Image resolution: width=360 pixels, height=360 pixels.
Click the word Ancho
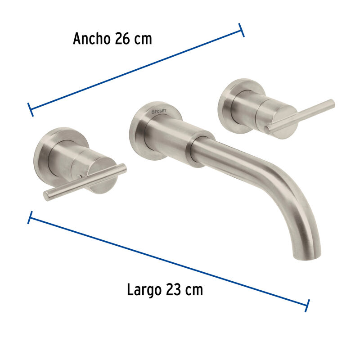click(x=92, y=39)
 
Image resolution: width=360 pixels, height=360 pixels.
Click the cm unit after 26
click(x=143, y=40)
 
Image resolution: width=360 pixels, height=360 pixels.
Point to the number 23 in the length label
click(x=174, y=290)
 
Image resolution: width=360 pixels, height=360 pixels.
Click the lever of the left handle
click(x=85, y=182)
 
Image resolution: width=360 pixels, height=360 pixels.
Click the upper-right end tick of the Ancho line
click(x=242, y=30)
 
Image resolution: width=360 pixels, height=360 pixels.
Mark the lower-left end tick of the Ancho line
click(x=30, y=109)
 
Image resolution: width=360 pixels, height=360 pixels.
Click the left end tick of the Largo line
click(x=30, y=217)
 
